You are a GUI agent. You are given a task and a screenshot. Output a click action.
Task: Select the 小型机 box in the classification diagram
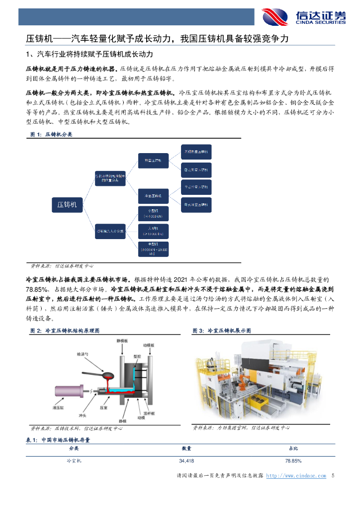click(153, 213)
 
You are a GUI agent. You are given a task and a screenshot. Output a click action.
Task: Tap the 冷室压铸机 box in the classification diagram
click(153, 196)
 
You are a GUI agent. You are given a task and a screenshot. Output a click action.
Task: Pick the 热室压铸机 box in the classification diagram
click(153, 161)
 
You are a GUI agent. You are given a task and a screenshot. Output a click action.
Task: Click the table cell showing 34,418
click(186, 461)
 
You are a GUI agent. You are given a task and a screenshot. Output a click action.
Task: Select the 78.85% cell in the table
click(293, 461)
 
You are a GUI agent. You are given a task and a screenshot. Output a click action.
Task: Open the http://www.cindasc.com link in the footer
click(296, 476)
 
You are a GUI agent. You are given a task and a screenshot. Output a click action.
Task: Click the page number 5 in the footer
click(333, 476)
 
